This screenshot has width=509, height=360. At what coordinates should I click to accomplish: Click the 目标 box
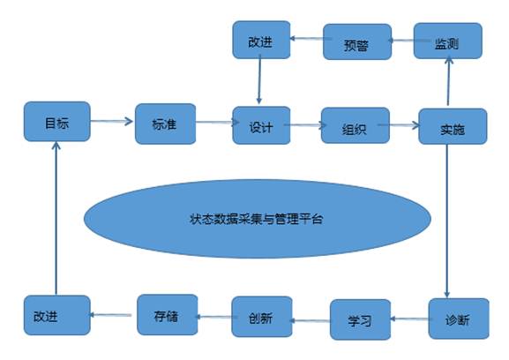coord(57,122)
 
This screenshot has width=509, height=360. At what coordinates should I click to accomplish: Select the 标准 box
coord(165,124)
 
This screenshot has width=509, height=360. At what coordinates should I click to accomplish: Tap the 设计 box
coord(261,125)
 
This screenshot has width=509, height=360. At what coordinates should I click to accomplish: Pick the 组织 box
coord(356,125)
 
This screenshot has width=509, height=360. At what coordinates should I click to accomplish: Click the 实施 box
coord(453,126)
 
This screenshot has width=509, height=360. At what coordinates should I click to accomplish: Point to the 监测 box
coord(447,41)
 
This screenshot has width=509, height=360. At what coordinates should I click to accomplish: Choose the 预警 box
coord(357,41)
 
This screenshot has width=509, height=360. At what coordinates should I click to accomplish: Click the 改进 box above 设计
coord(261,40)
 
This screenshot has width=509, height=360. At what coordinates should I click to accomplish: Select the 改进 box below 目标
coord(57,315)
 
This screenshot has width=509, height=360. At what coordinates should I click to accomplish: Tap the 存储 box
coord(168,314)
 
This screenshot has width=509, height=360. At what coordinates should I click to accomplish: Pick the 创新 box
coord(262,317)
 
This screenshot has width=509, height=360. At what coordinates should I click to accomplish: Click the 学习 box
coord(360,319)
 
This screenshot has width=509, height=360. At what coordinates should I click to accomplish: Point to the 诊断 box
coord(459,319)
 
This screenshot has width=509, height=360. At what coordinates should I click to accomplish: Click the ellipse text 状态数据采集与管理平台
coord(256,219)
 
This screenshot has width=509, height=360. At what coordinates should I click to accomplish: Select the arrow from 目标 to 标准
coord(112,122)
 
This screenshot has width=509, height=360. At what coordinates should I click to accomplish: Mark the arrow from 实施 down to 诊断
coord(446,221)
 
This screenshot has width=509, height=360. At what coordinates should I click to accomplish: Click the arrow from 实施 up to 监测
coord(449,81)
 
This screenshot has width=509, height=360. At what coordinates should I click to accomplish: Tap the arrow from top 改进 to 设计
coord(259,79)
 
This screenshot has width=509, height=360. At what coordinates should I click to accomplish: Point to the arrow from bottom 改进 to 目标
coord(56,218)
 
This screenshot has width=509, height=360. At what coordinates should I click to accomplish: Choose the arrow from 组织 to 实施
coord(399,124)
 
